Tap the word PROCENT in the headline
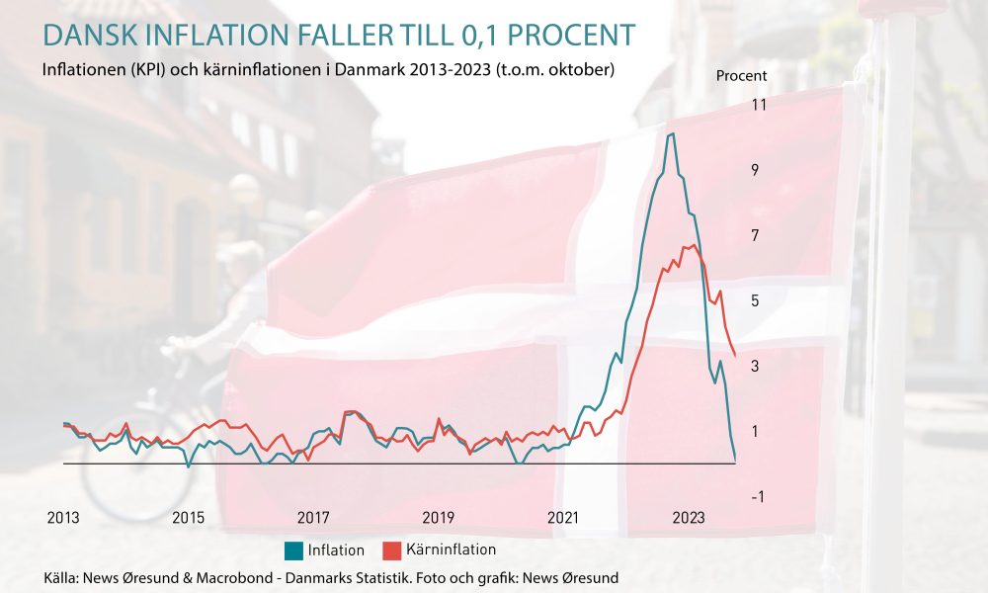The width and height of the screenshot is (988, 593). coord(571,36)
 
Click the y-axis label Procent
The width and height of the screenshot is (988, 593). coord(742,76)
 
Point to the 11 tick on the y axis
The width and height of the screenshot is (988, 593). coord(759,105)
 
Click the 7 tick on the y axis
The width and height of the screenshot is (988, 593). coord(755,235)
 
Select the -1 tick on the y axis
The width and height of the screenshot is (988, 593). coord(758,496)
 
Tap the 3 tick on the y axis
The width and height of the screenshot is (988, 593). coord(755,366)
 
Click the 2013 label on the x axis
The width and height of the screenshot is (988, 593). coord(63,518)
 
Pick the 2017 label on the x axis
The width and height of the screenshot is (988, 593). coord(313,518)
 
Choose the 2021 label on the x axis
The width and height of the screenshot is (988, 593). coord(563,518)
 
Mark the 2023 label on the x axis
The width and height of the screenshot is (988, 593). coord(688,518)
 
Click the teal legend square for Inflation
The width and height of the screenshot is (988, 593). coord(293,551)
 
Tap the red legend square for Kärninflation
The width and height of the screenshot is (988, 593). coord(392,551)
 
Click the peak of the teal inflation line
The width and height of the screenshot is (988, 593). coord(672,133)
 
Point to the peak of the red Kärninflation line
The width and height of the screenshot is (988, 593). coord(694,244)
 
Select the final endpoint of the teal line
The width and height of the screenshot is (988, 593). coord(735,461)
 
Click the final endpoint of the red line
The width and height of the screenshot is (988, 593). coord(735,356)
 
